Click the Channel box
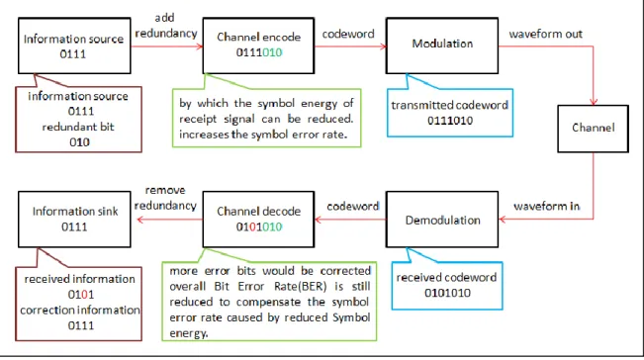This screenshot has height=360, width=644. pyautogui.click(x=593, y=129)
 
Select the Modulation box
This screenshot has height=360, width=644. pyautogui.click(x=442, y=45)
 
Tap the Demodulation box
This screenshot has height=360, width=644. pyautogui.click(x=442, y=220)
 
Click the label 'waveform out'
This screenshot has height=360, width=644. pyautogui.click(x=545, y=34)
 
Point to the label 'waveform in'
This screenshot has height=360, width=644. pyautogui.click(x=547, y=206)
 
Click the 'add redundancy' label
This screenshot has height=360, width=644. pyautogui.click(x=166, y=26)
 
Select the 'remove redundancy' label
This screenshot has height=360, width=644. pyautogui.click(x=165, y=198)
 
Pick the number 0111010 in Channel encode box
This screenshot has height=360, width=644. pyautogui.click(x=259, y=52)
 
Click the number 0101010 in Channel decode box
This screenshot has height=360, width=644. pyautogui.click(x=259, y=226)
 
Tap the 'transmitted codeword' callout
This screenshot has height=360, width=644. pyautogui.click(x=450, y=112)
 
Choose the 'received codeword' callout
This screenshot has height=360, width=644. pyautogui.click(x=447, y=285)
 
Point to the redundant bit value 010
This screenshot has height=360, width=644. pyautogui.click(x=79, y=142)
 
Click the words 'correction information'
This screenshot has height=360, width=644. pyautogui.click(x=80, y=310)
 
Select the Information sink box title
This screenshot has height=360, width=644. pyautogui.click(x=75, y=212)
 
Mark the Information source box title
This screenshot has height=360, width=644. pyautogui.click(x=73, y=39)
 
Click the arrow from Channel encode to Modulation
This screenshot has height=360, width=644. pyautogui.click(x=350, y=46)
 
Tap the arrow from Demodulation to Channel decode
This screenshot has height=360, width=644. pyautogui.click(x=350, y=220)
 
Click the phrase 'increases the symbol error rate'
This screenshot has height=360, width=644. pyautogui.click(x=262, y=135)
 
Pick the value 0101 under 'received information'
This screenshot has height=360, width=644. pyautogui.click(x=81, y=295)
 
